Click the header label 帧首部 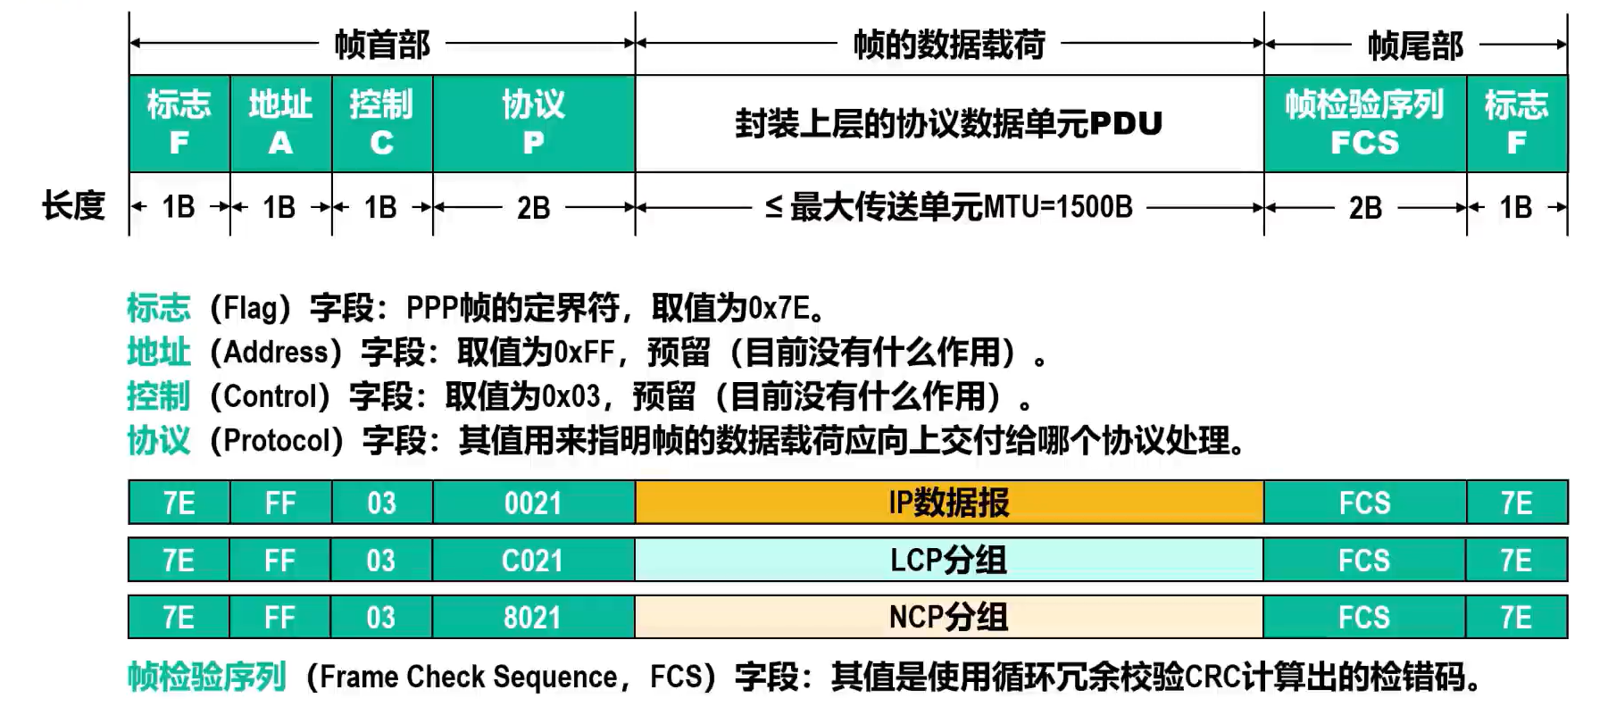382,44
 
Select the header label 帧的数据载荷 949,44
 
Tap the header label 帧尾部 1415,45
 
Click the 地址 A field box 280,123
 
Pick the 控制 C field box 382,123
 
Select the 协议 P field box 534,123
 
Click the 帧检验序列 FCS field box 1365,123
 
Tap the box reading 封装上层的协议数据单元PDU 950,123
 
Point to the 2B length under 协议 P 534,208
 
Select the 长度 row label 73,206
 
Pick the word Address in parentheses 276,352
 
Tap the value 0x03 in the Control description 571,395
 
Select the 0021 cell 534,503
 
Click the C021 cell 534,560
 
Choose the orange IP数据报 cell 950,503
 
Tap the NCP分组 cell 950,617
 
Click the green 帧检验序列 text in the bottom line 206,677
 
